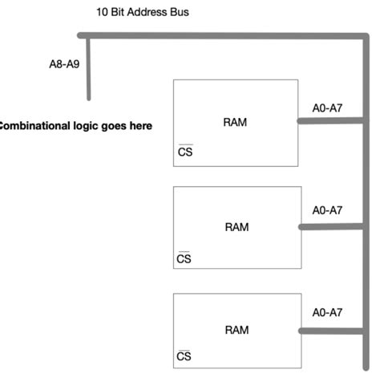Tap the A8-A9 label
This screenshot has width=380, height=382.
[64, 65]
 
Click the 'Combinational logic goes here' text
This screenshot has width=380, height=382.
[75, 126]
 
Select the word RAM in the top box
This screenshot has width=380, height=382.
[236, 123]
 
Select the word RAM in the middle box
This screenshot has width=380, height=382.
[236, 227]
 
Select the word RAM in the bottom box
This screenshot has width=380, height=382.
[236, 330]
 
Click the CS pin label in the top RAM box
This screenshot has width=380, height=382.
[185, 152]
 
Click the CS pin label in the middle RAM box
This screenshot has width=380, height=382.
[184, 258]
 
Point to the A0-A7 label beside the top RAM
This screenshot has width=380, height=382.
[327, 108]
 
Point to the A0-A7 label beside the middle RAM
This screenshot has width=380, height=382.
[327, 210]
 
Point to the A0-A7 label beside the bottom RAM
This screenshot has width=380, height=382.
[327, 314]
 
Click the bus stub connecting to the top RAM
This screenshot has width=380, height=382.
[330, 122]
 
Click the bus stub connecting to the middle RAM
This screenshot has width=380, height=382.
[332, 227]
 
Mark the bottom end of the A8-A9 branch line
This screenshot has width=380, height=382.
[88, 98]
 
